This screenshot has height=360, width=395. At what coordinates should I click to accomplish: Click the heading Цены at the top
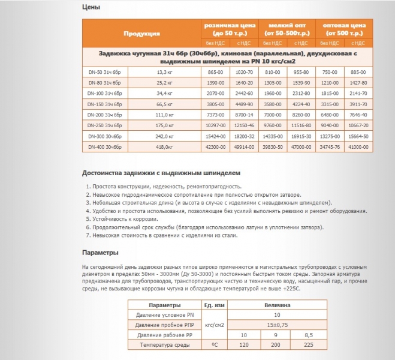point(92,8)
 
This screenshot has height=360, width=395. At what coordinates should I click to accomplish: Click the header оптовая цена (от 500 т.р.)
point(345,29)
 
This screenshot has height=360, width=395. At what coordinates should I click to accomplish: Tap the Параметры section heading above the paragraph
point(100,253)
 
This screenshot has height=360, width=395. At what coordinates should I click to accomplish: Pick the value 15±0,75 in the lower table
point(277,325)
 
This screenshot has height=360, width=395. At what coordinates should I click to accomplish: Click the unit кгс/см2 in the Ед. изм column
point(214,325)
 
